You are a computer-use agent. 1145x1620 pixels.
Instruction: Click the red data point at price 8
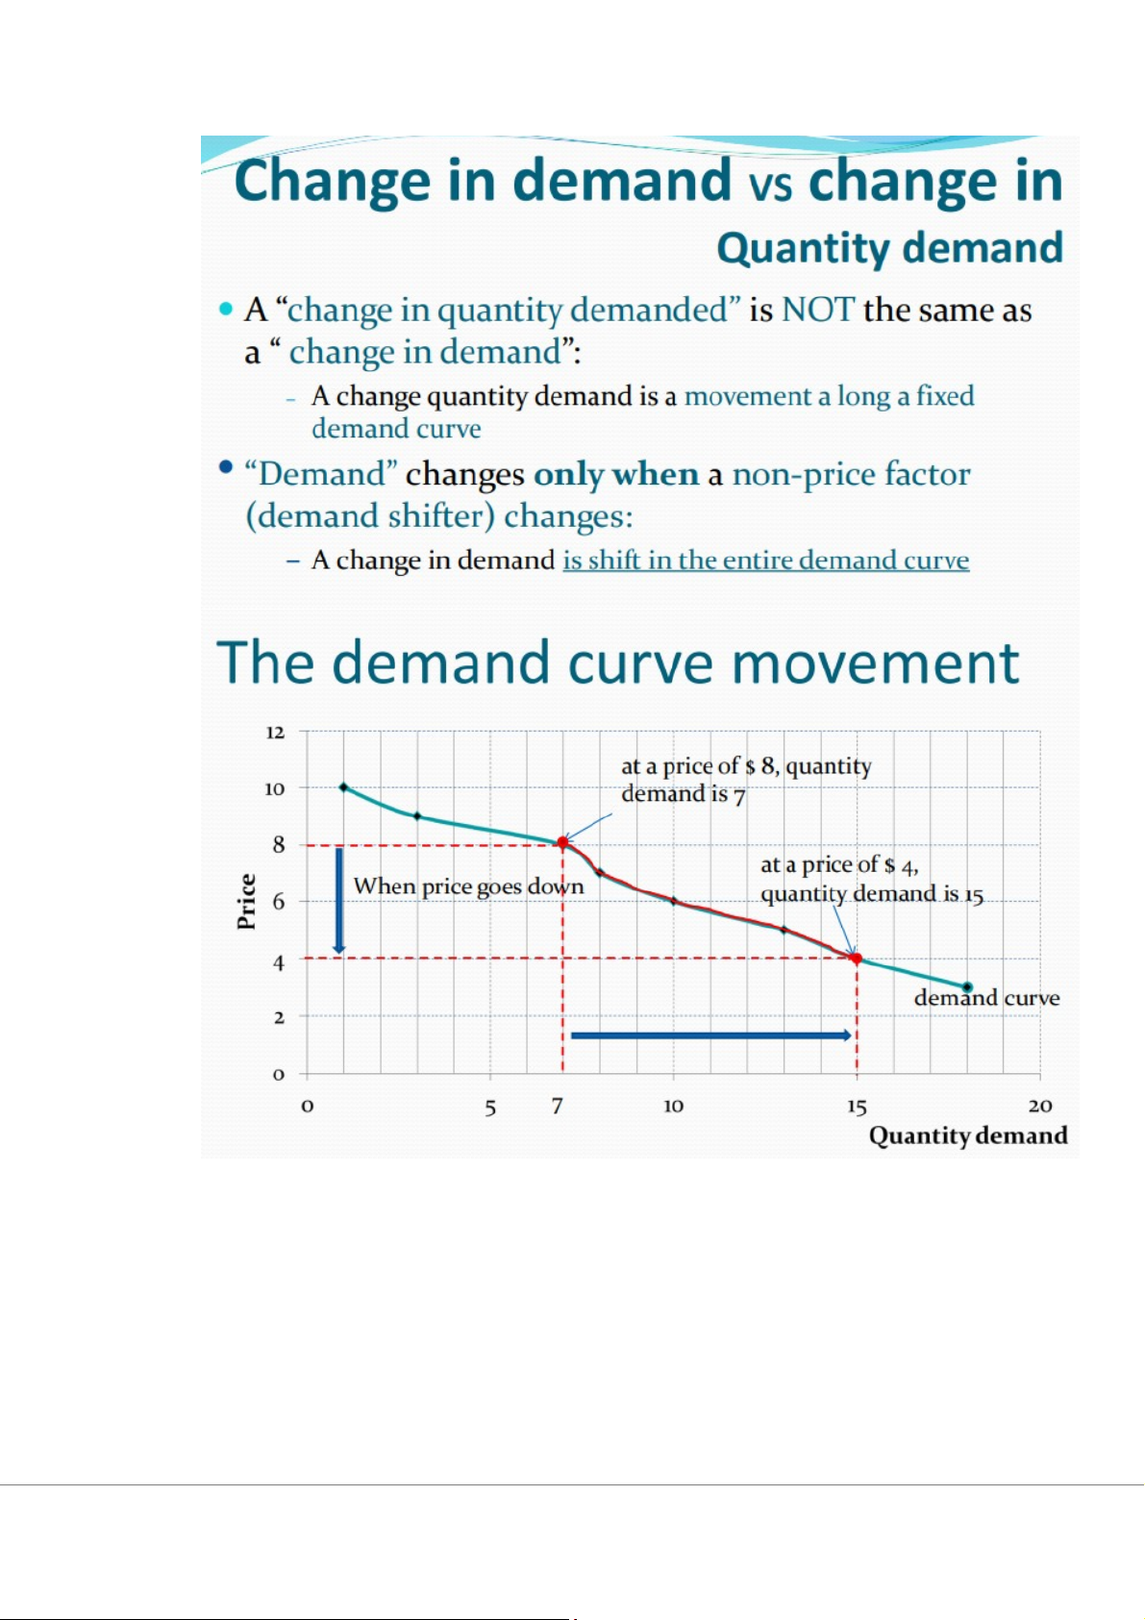click(562, 842)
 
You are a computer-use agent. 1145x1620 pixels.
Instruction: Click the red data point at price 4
click(856, 959)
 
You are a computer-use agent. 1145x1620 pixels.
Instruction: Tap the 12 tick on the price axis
click(276, 733)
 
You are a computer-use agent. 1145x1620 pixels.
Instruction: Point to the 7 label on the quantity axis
click(557, 1107)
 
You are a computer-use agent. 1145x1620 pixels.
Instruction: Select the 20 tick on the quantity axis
click(1040, 1107)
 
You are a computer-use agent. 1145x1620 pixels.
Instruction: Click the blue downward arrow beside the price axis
click(339, 901)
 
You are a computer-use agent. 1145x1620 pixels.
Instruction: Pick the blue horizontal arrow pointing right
click(711, 1035)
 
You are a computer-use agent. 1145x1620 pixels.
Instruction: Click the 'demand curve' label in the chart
click(986, 998)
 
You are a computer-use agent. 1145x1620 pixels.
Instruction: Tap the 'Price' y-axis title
click(247, 902)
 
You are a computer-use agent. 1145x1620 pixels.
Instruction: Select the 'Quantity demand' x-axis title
click(968, 1136)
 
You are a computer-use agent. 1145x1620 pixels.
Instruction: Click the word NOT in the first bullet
click(818, 311)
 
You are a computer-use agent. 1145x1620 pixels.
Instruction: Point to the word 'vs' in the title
click(770, 185)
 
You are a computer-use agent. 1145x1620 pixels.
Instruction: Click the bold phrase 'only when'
click(616, 475)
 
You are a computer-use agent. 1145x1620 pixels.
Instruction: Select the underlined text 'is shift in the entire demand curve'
click(765, 561)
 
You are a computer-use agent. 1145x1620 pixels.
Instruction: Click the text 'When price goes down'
click(468, 886)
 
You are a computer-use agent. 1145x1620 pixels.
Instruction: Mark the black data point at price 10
click(344, 787)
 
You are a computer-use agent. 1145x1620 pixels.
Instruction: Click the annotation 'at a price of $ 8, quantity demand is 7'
click(745, 780)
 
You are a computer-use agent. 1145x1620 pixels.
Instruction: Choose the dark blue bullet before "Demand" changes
click(226, 467)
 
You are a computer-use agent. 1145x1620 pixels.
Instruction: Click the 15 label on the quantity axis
click(857, 1107)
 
